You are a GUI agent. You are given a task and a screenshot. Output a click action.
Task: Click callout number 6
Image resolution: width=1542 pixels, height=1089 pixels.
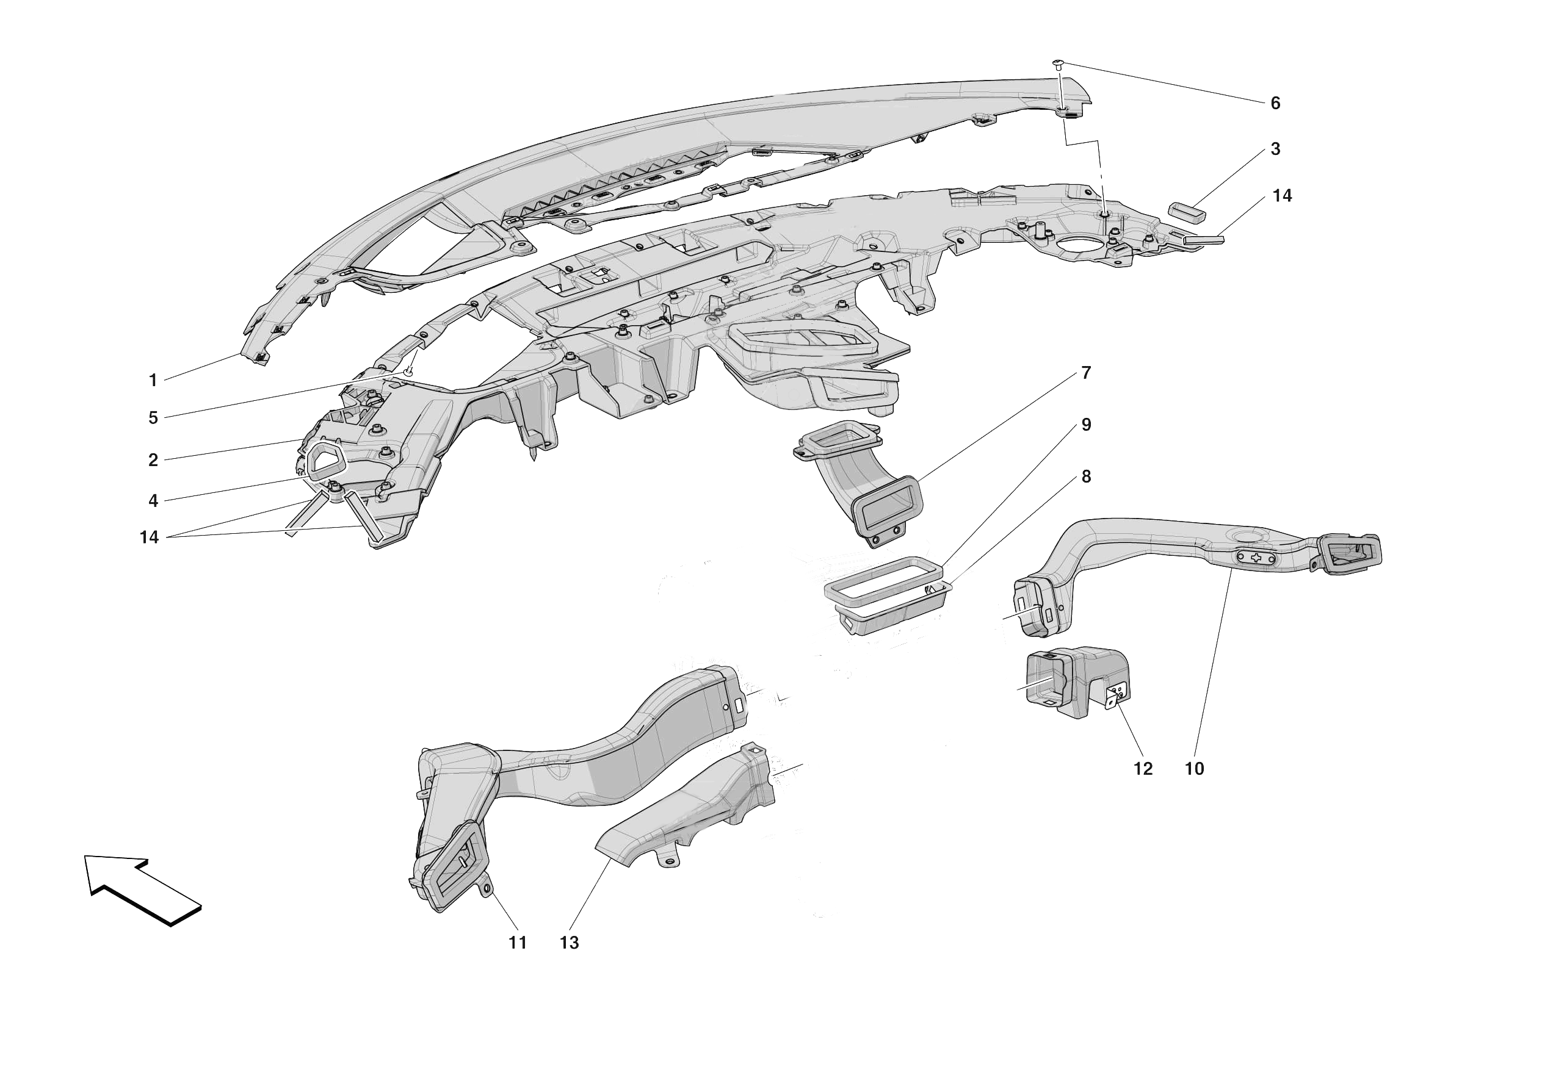tap(1275, 103)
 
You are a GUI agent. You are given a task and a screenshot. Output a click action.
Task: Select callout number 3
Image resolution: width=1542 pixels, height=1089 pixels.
tap(1275, 149)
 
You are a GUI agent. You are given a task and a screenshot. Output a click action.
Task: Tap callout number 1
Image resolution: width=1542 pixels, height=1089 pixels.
tap(153, 381)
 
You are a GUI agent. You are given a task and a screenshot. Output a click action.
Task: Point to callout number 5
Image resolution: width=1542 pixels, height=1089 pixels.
tap(153, 419)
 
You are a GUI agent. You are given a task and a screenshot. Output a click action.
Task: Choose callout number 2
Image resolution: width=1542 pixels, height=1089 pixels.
tap(153, 461)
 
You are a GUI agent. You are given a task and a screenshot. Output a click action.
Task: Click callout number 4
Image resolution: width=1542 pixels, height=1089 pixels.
tap(153, 501)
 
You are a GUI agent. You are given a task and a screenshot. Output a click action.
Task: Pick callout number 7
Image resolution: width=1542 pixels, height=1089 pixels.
tap(1086, 373)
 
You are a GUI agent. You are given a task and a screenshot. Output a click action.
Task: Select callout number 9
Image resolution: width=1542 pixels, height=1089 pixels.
tap(1086, 425)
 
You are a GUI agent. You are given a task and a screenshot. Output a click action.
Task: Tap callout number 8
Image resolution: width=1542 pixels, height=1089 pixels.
tap(1086, 476)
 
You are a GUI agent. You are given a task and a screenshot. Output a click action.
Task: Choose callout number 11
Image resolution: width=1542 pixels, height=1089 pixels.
tap(517, 943)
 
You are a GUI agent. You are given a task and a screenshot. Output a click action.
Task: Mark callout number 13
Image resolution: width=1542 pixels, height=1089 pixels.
tap(569, 943)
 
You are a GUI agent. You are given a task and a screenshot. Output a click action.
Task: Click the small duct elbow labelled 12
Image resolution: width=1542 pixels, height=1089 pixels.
tap(1074, 681)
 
